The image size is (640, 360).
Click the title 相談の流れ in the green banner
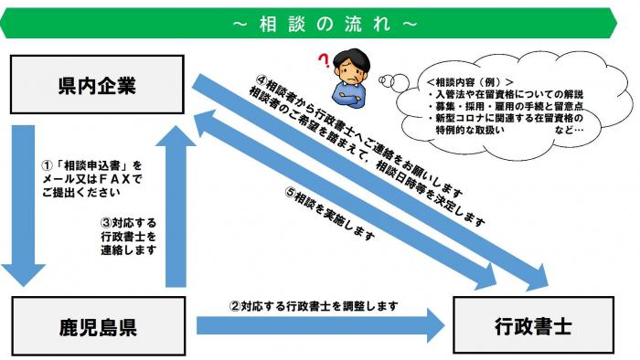coord(320,20)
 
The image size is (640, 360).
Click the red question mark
coord(322,61)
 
